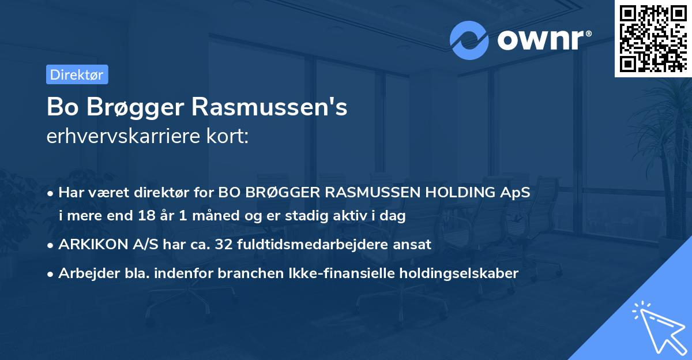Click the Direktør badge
77,74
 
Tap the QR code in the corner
653,37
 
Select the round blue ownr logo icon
469,40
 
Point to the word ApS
516,192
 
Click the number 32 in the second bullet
222,244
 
